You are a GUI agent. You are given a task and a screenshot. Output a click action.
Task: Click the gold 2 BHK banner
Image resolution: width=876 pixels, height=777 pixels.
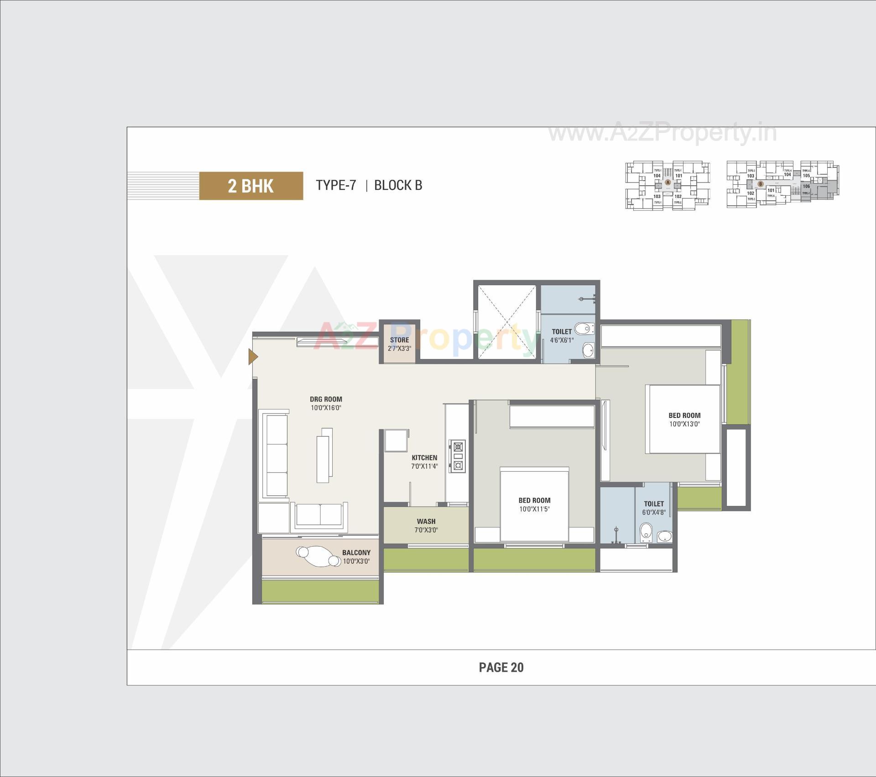click(x=251, y=186)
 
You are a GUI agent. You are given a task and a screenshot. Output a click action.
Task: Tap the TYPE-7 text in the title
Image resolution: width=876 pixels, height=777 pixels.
click(x=336, y=185)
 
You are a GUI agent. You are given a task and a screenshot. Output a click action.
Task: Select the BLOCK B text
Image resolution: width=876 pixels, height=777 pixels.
click(x=398, y=185)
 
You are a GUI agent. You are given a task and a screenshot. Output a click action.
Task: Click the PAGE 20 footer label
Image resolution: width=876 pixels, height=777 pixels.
click(x=501, y=667)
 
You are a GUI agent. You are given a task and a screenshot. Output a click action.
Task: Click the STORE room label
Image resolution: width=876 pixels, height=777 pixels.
click(x=399, y=340)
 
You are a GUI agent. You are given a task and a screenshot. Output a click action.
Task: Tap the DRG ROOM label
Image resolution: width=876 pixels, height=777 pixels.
click(x=326, y=399)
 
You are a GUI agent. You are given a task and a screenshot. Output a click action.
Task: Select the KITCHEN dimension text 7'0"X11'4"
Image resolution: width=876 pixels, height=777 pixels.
click(x=424, y=466)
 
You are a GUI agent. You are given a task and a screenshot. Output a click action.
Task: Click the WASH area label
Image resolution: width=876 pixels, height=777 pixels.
click(x=426, y=521)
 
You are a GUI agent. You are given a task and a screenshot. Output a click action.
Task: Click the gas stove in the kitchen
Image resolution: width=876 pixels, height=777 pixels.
click(x=457, y=456)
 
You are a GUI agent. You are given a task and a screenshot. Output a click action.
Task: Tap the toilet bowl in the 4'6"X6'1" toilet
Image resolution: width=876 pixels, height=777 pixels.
click(x=584, y=328)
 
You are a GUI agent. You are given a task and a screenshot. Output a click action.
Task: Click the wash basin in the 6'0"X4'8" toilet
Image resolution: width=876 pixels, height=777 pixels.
click(x=664, y=537)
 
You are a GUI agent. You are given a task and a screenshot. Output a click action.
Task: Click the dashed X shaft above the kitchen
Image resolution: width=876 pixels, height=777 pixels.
click(x=506, y=322)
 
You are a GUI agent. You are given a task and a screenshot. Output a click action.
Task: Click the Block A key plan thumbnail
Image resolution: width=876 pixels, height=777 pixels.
click(x=667, y=185)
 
